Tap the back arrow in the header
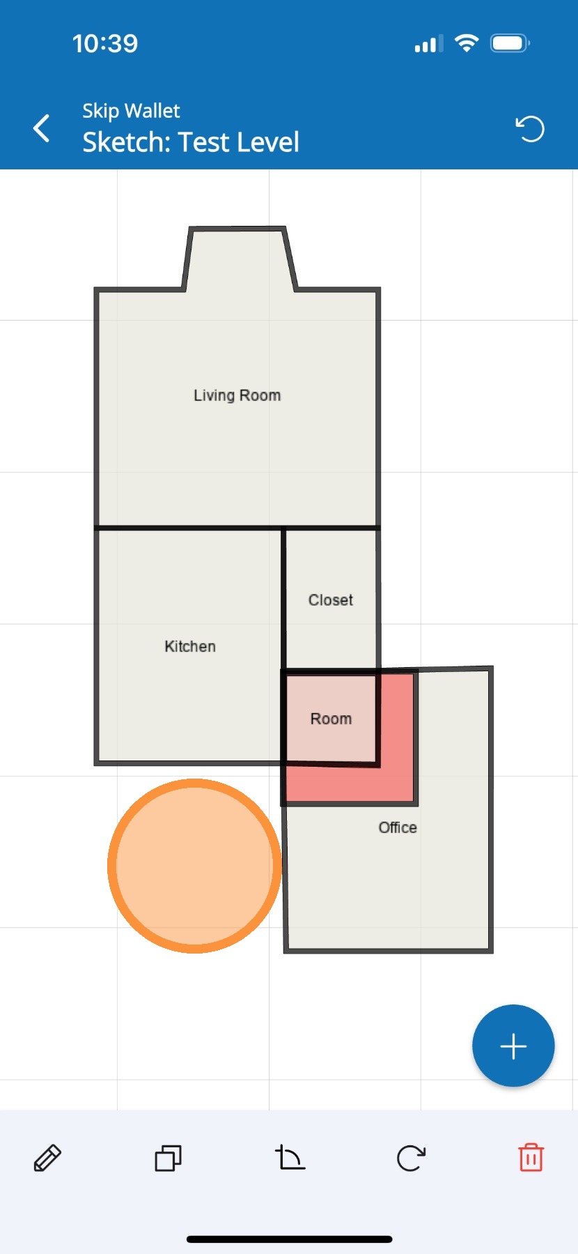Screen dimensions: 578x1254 pyautogui.click(x=42, y=128)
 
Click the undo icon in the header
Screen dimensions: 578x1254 pyautogui.click(x=530, y=128)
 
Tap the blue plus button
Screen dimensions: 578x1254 pyautogui.click(x=513, y=1046)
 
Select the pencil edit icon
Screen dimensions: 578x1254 pyautogui.click(x=47, y=1158)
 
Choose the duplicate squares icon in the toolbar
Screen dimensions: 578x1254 pyautogui.click(x=168, y=1158)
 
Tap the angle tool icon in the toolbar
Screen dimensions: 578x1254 pyautogui.click(x=290, y=1158)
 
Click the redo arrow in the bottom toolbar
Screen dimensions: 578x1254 pyautogui.click(x=411, y=1158)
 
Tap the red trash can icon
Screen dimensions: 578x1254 pyautogui.click(x=531, y=1158)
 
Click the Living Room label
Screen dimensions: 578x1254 pyautogui.click(x=237, y=395)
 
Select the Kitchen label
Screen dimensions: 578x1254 pyautogui.click(x=190, y=646)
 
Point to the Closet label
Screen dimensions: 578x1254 pyautogui.click(x=331, y=599)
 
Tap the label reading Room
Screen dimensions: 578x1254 pyautogui.click(x=331, y=719)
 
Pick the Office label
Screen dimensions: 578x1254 pyautogui.click(x=398, y=827)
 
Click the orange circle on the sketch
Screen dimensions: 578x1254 pyautogui.click(x=194, y=866)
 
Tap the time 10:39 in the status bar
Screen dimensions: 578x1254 pyautogui.click(x=105, y=44)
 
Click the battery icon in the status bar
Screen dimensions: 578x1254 pyautogui.click(x=510, y=43)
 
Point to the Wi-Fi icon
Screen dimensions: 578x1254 pyautogui.click(x=466, y=43)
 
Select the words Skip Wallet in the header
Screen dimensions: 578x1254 pyautogui.click(x=131, y=111)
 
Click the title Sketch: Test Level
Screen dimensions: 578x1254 pyautogui.click(x=191, y=142)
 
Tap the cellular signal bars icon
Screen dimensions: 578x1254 pyautogui.click(x=429, y=44)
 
